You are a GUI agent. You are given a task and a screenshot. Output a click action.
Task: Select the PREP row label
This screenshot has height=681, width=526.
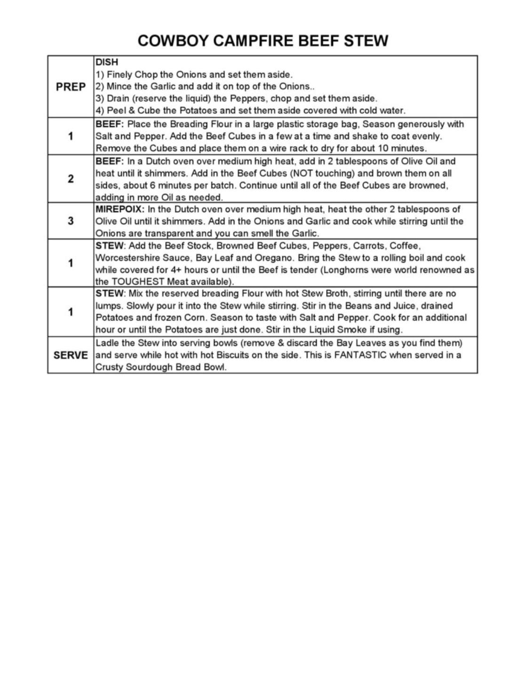click(x=71, y=87)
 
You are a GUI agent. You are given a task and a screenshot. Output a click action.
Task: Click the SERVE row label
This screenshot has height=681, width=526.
click(x=71, y=356)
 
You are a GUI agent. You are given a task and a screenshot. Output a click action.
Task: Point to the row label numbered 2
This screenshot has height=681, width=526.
click(x=71, y=179)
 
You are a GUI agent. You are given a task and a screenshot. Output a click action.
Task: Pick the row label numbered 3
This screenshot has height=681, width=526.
click(x=71, y=221)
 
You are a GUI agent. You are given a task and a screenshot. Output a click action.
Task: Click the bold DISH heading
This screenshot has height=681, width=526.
click(x=107, y=62)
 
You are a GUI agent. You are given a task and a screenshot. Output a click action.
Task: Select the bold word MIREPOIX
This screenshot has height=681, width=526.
click(x=120, y=209)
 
